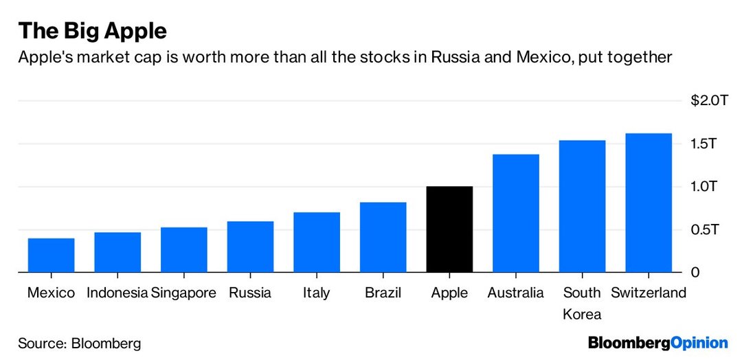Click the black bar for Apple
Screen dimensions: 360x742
[x=449, y=229]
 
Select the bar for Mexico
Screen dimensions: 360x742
[x=51, y=255]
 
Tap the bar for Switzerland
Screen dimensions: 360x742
[x=649, y=203]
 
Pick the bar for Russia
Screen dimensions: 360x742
[x=250, y=247]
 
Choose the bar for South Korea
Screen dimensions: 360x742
[x=582, y=206]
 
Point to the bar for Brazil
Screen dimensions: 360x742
[x=383, y=237]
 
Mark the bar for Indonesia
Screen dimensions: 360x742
[x=117, y=252]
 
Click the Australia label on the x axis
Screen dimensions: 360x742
[x=515, y=293]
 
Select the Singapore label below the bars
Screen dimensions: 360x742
[x=183, y=293]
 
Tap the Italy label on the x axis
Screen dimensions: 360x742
[x=316, y=293]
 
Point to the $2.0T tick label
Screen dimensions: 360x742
[x=708, y=101]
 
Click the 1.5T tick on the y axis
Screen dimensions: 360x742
[x=704, y=144]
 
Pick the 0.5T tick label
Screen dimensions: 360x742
[x=704, y=229]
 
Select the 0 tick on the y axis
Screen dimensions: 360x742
[x=695, y=272]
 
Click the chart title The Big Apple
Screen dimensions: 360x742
[x=93, y=31]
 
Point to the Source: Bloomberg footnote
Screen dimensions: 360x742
[x=79, y=342]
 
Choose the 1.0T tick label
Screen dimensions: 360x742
[x=704, y=187]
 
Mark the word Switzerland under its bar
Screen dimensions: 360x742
[x=649, y=293]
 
